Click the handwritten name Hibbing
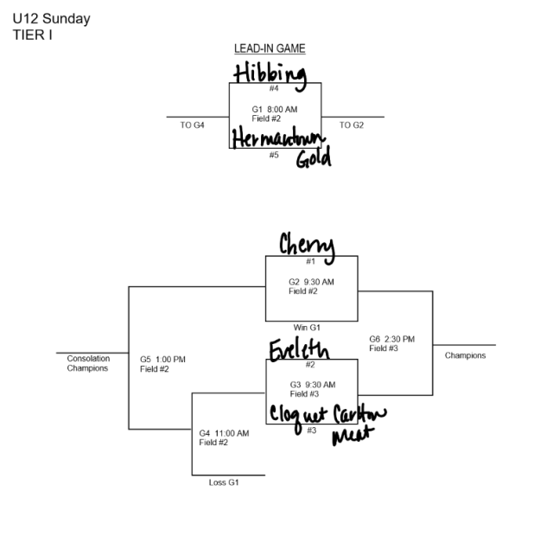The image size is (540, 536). point(270,75)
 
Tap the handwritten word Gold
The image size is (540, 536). point(313,159)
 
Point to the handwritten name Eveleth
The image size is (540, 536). point(298,351)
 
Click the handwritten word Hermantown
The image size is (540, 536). point(276,139)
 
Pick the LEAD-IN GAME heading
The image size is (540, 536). point(270,48)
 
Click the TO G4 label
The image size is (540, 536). point(192,125)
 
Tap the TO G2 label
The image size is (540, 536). point(352,125)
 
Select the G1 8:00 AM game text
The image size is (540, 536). point(275,109)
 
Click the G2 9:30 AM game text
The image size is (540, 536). point(311,282)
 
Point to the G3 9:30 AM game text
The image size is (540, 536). point(311,384)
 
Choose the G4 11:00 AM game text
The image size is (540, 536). point(224,433)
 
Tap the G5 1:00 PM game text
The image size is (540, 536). point(162,360)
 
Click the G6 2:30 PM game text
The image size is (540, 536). point(392,339)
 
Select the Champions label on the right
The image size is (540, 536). point(465,355)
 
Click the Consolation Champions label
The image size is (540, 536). point(87,363)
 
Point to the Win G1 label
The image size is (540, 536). point(307,327)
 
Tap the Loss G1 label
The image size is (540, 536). point(224,482)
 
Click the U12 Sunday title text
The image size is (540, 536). point(51,18)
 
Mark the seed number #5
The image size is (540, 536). point(274,155)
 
